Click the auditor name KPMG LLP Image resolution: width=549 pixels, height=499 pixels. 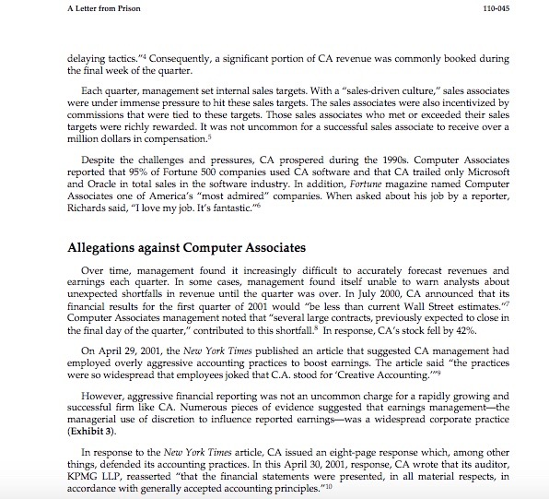click(x=95, y=474)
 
